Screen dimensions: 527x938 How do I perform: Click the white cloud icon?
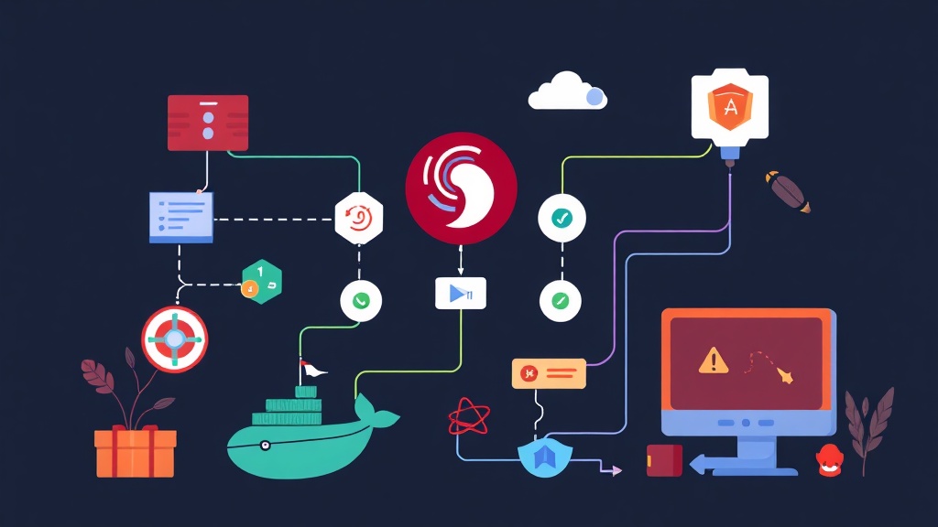click(566, 91)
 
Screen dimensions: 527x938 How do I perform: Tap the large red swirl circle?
click(461, 187)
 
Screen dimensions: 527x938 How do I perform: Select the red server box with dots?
click(208, 123)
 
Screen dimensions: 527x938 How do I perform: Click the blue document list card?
click(181, 217)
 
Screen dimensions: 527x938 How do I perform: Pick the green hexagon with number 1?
click(262, 280)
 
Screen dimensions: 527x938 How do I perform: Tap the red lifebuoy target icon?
click(174, 339)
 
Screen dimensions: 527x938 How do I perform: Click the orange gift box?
click(135, 452)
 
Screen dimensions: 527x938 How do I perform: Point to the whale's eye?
click(265, 446)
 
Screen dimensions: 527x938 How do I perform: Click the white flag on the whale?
click(313, 370)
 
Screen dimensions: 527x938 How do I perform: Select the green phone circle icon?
click(361, 300)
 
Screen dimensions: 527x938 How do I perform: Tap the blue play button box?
click(460, 293)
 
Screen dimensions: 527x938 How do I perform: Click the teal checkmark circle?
click(561, 218)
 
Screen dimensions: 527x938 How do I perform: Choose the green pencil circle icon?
click(561, 300)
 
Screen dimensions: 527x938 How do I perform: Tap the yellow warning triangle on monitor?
click(714, 360)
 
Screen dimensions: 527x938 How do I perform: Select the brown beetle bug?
click(787, 191)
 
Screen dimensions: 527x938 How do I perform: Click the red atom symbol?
click(468, 418)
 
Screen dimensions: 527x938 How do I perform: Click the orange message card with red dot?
click(549, 373)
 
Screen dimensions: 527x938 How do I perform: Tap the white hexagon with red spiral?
click(359, 218)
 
